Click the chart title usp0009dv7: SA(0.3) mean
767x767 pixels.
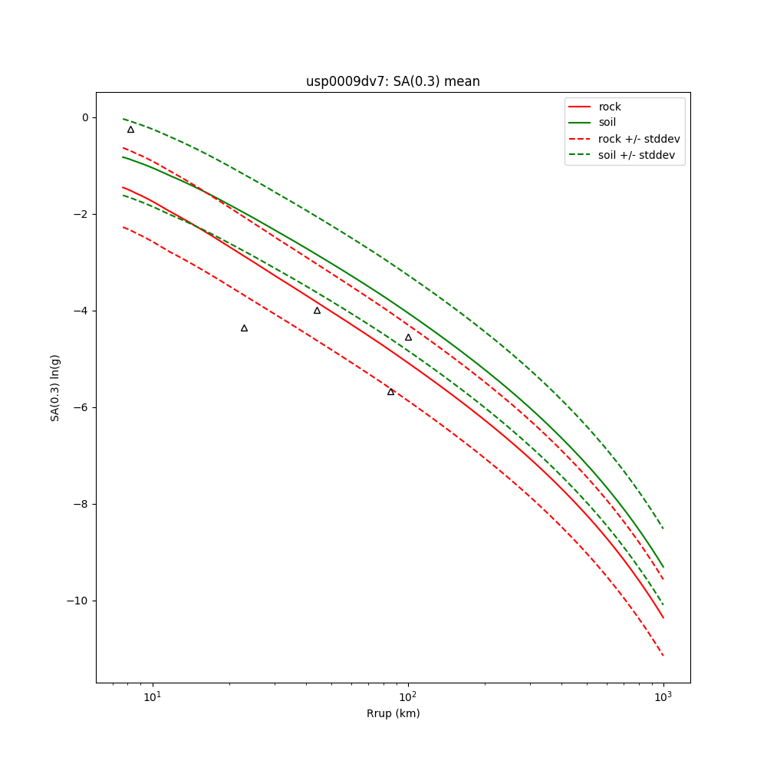tap(393, 81)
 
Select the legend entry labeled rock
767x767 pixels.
tap(610, 107)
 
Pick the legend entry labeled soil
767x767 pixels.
tap(607, 122)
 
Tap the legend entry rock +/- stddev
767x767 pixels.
tap(639, 139)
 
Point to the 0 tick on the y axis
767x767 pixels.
tap(84, 117)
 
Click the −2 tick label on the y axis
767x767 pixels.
tap(81, 214)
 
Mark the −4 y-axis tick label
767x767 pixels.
tap(81, 311)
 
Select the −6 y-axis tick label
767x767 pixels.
tap(81, 407)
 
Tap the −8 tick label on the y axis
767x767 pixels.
tap(81, 504)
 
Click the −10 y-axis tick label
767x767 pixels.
tap(77, 601)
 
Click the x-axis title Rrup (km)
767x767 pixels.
tap(393, 713)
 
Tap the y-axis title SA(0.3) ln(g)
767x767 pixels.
tap(55, 387)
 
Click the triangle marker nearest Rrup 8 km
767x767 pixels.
tap(130, 130)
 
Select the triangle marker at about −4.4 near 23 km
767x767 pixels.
tap(244, 328)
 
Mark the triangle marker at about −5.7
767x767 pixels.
tap(390, 392)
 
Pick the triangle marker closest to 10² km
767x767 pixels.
tap(408, 337)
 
